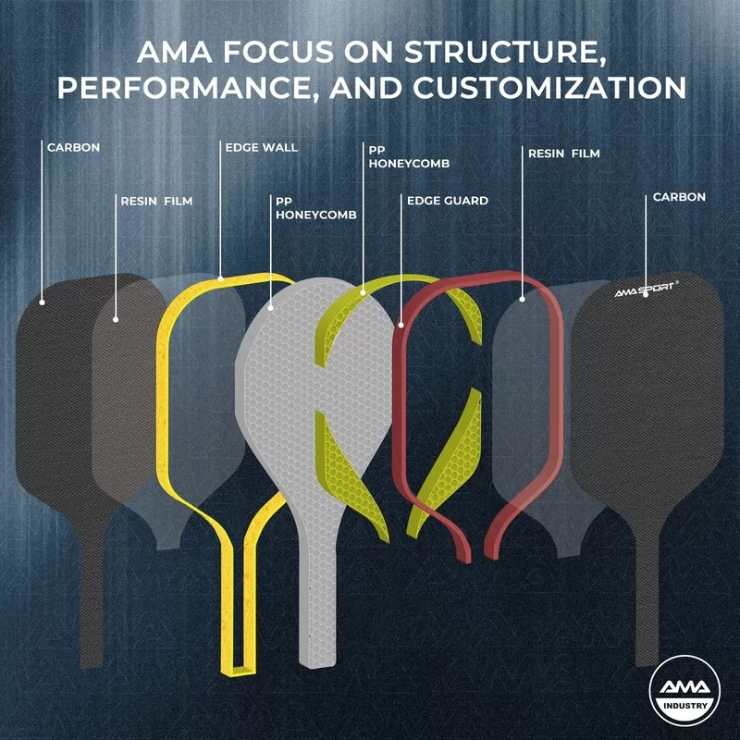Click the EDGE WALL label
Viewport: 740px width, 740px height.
(262, 147)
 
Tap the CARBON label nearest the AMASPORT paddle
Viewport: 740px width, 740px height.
(679, 197)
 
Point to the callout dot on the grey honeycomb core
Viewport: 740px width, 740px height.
(270, 305)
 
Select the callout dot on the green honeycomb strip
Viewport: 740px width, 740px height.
(363, 292)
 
